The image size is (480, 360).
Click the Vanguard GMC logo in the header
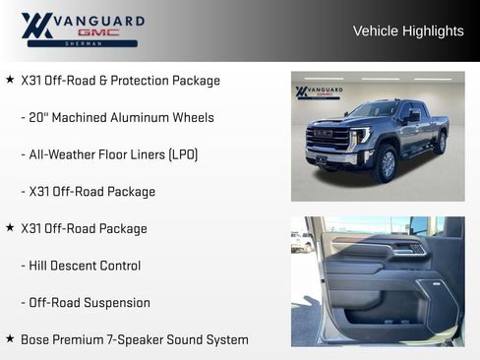(x=83, y=30)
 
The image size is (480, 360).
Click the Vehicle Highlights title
(x=408, y=31)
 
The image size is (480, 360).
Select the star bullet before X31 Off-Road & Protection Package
(x=10, y=80)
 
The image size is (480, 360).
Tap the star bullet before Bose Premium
(x=10, y=338)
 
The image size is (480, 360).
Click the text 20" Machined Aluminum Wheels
(x=117, y=117)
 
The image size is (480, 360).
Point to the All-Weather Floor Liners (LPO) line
(x=109, y=154)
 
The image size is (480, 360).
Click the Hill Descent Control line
(x=81, y=266)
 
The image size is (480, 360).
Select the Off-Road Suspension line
(x=86, y=302)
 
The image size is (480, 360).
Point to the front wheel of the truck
(x=384, y=164)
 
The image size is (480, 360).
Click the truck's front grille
(x=328, y=139)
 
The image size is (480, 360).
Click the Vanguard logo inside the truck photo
(x=318, y=92)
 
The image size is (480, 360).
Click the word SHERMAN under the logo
(x=83, y=44)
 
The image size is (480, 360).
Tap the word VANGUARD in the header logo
(x=99, y=20)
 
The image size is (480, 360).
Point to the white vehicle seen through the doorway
(x=300, y=241)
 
